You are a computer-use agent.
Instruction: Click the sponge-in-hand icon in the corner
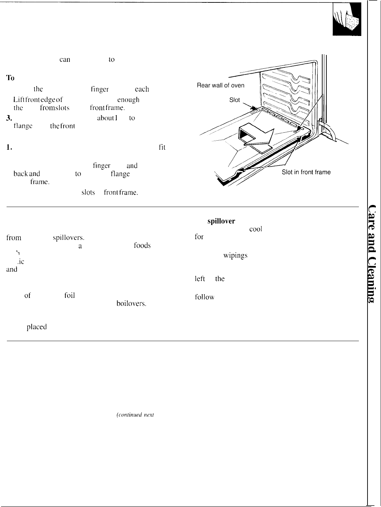coord(347,22)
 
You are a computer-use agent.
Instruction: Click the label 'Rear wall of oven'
coord(220,86)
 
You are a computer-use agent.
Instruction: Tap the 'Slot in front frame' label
coord(306,172)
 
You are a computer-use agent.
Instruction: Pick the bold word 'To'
coord(10,78)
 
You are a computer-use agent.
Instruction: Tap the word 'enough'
coord(128,100)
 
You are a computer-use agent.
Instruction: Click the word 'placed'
coord(37,327)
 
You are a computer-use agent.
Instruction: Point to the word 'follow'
coord(205,297)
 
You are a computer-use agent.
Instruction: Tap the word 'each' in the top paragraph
coord(142,89)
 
